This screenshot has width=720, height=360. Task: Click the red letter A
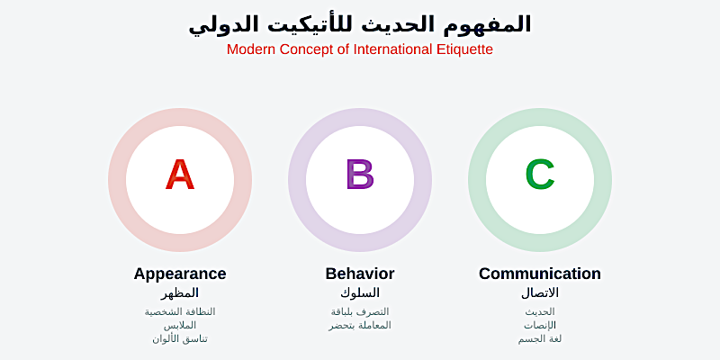tap(180, 175)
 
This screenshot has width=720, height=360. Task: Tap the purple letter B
tap(360, 175)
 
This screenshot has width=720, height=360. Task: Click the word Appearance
tap(180, 274)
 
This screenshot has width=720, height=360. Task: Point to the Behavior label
tap(360, 274)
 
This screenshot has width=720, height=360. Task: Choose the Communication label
tap(540, 274)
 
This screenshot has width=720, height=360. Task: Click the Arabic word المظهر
tap(180, 293)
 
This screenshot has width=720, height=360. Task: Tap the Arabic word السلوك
tap(360, 293)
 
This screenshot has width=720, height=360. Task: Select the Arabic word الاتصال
tap(540, 293)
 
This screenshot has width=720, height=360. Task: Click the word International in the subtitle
tap(386, 49)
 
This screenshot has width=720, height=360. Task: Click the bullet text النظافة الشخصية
tap(180, 311)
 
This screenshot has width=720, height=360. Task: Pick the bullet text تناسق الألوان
tap(180, 338)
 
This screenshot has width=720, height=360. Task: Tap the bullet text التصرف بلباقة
tap(360, 311)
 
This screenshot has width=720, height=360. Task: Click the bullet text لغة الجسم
tap(540, 338)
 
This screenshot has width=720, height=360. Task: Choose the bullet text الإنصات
tap(540, 325)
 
